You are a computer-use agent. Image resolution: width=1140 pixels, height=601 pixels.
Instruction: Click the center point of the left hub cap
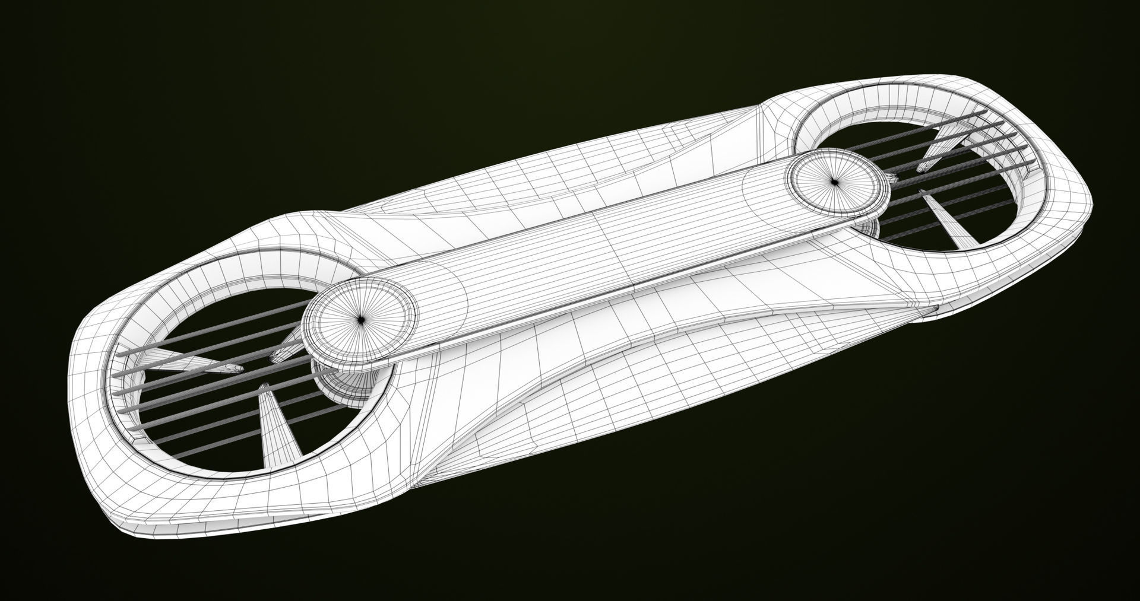(360, 319)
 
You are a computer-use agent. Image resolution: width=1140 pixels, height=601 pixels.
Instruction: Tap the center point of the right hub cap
(834, 182)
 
